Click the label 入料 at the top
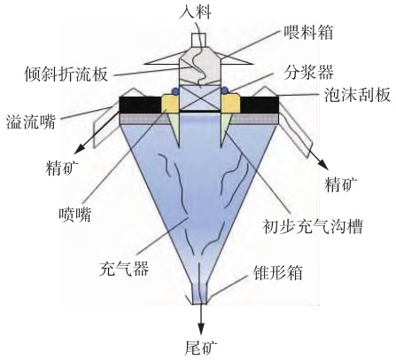pos(195,12)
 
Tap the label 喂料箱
pos(308,32)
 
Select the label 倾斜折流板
pos(66,74)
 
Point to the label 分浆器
pos(309,72)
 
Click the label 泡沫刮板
pos(357,95)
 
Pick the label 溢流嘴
pos(31,121)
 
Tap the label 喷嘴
pos(75,215)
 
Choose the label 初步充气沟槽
pos(313,226)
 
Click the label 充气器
pos(123,269)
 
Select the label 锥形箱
pos(278,272)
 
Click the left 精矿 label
pos(62,168)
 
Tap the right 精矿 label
pos(341,184)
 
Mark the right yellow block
pos(230,103)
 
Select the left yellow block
pos(170,103)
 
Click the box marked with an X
pos(200,98)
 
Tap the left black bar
pos(140,105)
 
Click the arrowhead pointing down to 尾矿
pos(201,328)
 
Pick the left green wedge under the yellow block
pos(175,127)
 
